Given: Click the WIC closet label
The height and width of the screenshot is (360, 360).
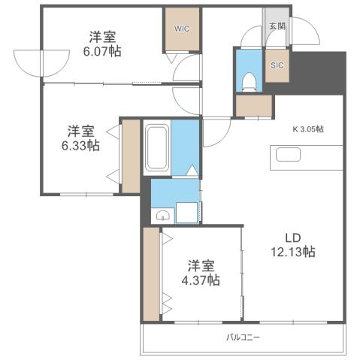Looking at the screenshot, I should coord(182,29).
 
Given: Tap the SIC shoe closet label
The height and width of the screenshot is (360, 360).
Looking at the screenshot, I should coord(277,65).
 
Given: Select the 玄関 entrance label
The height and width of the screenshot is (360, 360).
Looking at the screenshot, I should coord(277,26).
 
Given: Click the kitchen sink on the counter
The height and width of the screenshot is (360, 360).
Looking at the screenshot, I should coord(289,155).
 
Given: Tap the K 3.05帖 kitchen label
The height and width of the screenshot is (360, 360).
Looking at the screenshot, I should coord(308,129).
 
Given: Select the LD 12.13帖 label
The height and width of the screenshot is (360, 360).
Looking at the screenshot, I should coord(293,244).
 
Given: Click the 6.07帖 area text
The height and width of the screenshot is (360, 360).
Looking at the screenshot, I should coord(101,52).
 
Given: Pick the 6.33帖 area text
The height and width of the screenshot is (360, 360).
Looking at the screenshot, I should coord(80,146).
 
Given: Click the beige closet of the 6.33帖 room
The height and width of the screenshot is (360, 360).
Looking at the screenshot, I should coord(131,155).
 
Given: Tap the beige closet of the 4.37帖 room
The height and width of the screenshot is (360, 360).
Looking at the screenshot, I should coord(151,274).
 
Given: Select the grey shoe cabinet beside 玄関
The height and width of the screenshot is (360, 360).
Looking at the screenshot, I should coord(268,36).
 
